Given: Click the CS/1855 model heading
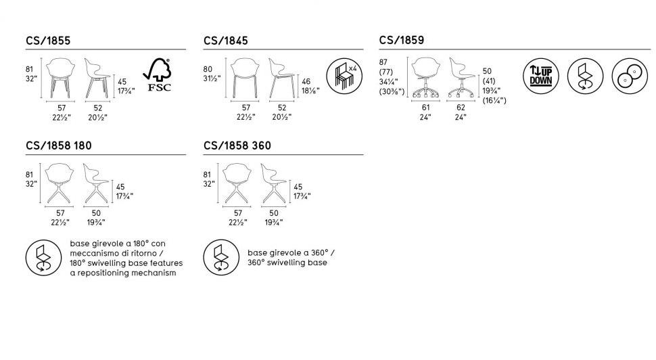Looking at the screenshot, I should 47,41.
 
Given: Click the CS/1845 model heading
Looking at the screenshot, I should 225,41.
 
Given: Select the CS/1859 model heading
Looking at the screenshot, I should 402,41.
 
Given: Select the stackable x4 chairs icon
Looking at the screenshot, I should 342,76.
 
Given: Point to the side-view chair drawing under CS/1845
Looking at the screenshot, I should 281,78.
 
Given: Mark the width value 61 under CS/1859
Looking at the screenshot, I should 425,107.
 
